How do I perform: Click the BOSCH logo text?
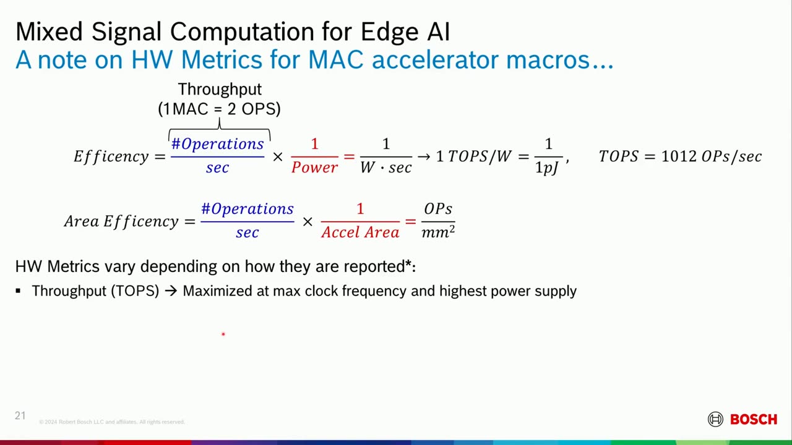(x=753, y=420)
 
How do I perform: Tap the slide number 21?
(x=20, y=415)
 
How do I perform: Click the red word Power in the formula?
(x=314, y=167)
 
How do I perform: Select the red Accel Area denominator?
(x=360, y=232)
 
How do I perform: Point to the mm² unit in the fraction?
(x=438, y=232)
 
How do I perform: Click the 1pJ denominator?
(x=547, y=168)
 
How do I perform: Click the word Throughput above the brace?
(x=220, y=90)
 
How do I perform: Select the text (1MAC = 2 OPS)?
(x=219, y=109)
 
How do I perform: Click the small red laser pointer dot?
(x=223, y=334)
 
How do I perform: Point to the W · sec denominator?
(x=385, y=167)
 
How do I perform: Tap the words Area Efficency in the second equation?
(x=121, y=221)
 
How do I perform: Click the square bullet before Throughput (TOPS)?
(x=19, y=291)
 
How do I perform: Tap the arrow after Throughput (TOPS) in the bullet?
(x=171, y=291)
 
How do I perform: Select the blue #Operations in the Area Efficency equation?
(x=247, y=210)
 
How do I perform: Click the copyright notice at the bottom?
(x=112, y=422)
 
